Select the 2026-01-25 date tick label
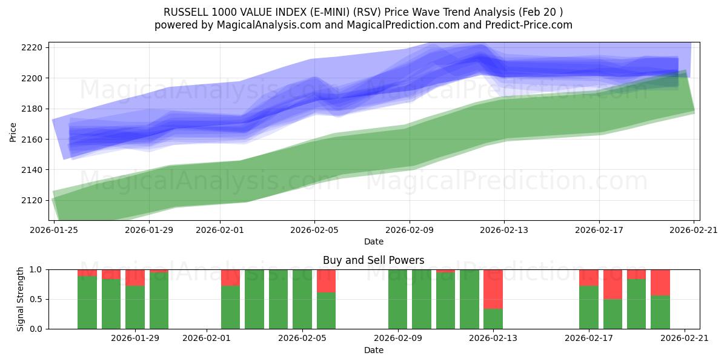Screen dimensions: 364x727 (x=55, y=230)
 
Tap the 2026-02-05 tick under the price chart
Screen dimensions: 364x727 (x=314, y=230)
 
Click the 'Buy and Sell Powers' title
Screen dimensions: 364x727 (x=374, y=260)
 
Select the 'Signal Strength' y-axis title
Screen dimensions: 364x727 (x=21, y=298)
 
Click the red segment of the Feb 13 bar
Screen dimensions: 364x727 (x=493, y=289)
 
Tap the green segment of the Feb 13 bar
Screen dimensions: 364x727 (x=493, y=318)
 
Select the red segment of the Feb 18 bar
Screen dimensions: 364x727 (x=612, y=284)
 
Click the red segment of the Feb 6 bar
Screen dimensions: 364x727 (x=326, y=281)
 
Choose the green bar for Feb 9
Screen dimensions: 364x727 (x=397, y=299)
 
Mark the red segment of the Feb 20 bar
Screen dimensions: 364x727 (x=660, y=282)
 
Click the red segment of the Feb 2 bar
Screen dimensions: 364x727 (x=230, y=277)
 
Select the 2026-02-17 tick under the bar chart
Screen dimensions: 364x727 (x=589, y=338)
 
